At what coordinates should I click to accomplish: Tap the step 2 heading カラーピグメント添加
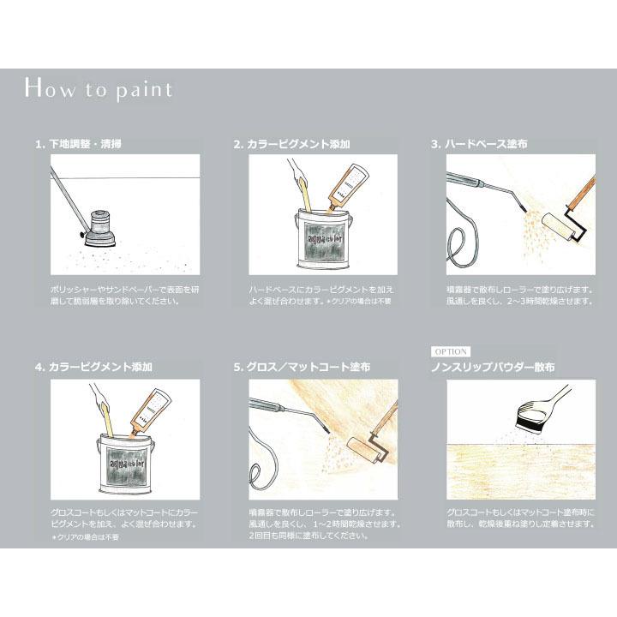point(292,144)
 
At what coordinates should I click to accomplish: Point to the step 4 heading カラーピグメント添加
point(94,367)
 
